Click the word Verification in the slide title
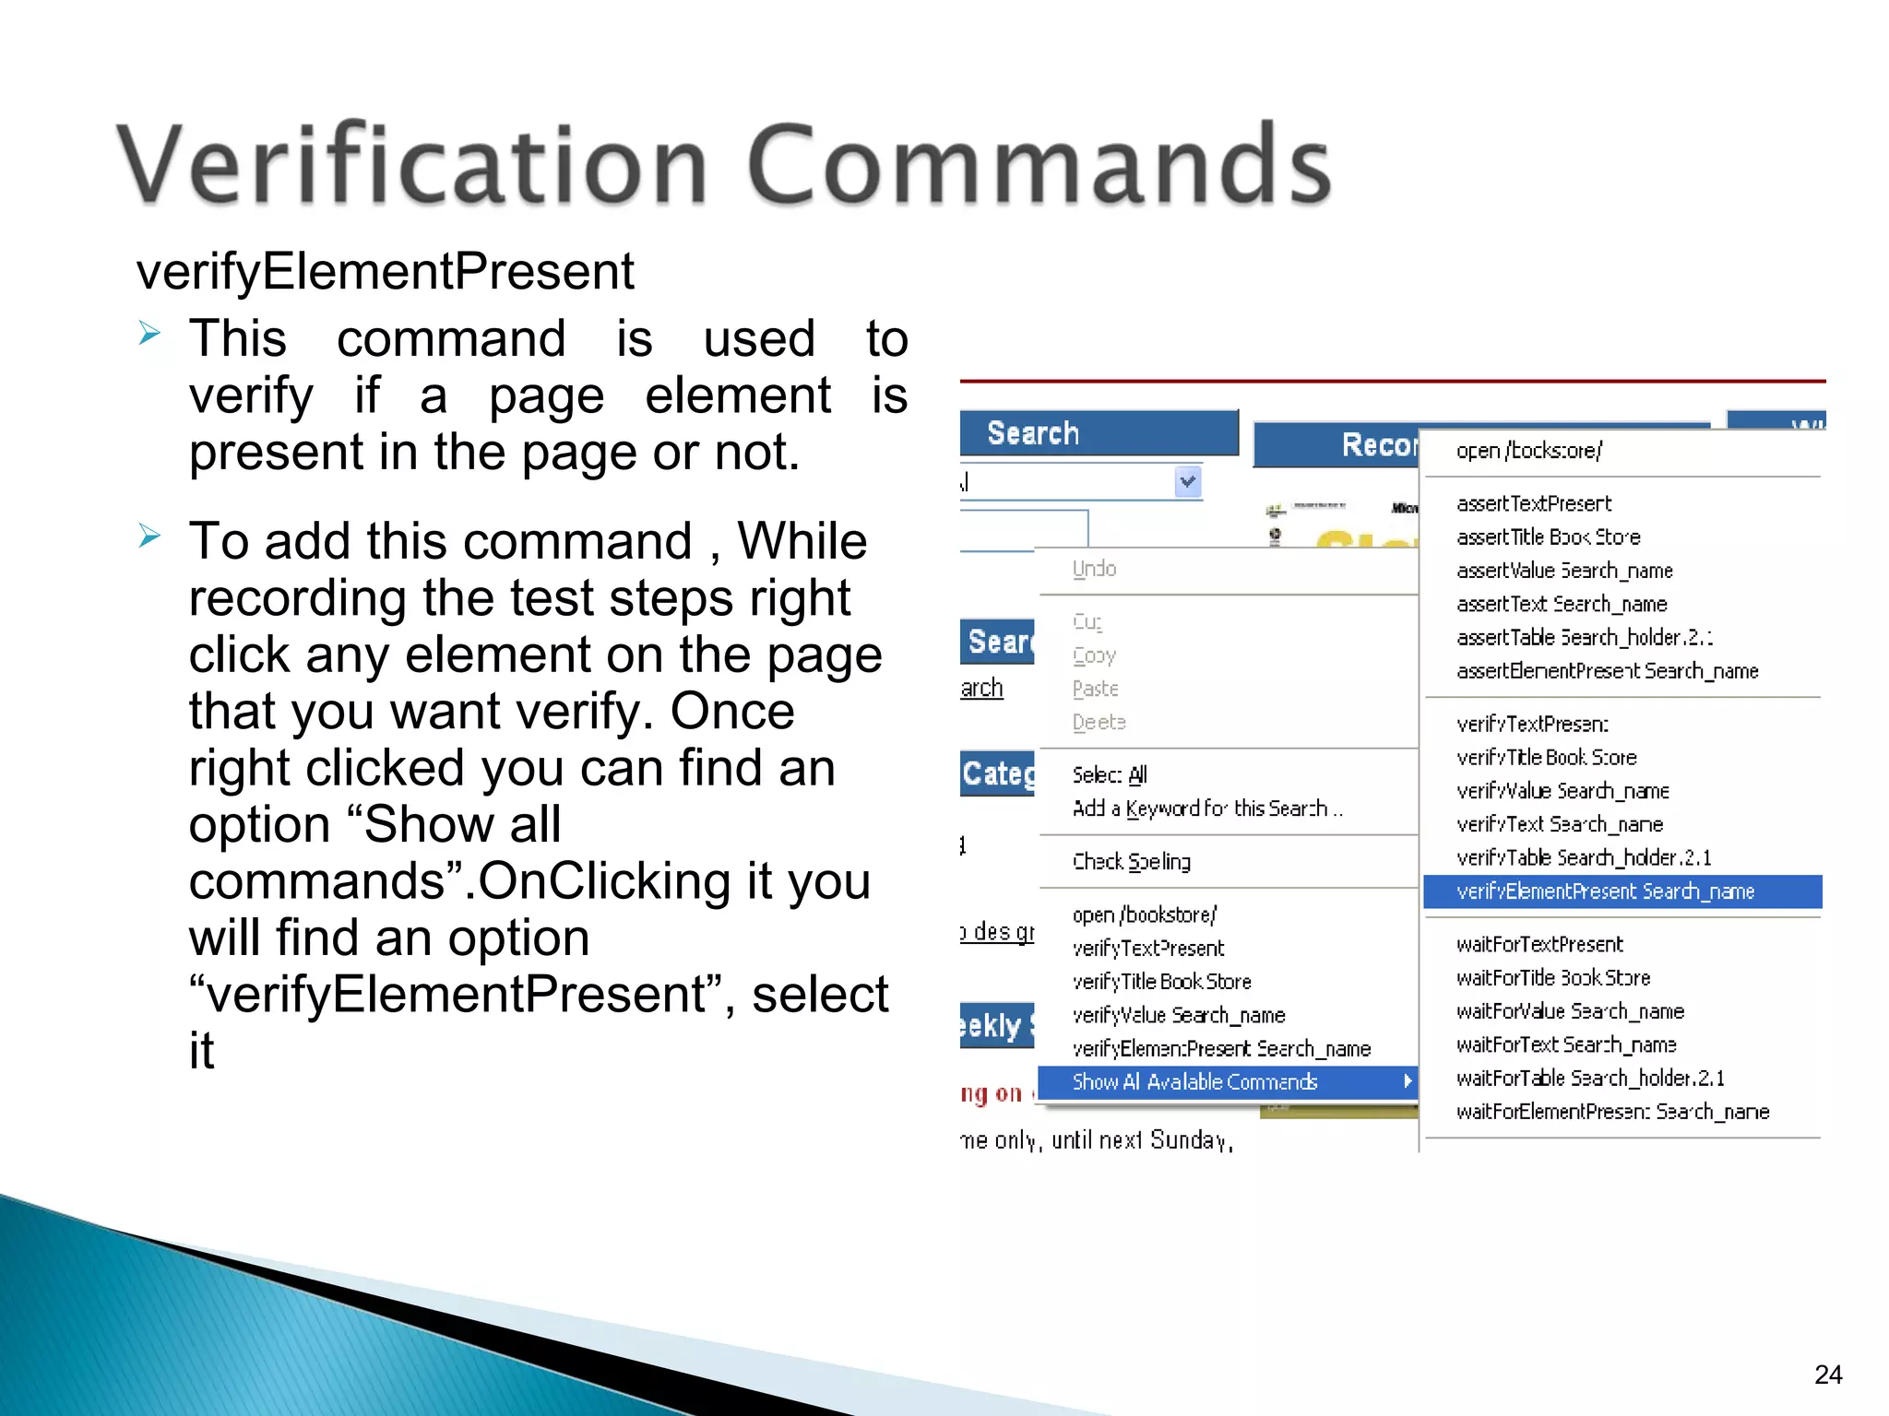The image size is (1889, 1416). pos(411,166)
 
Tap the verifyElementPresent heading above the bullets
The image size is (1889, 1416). pos(385,271)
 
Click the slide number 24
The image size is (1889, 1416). pos(1828,1375)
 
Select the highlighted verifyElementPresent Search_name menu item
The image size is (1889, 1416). pos(1605,891)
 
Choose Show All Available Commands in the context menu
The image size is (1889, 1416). pos(1194,1082)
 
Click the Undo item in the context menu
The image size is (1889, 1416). pos(1095,569)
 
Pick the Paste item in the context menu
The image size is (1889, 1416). pos(1096,689)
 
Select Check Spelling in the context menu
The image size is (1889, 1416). pos(1132,861)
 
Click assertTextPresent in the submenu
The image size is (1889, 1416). pos(1534,503)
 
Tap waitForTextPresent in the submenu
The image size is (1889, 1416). pos(1539,944)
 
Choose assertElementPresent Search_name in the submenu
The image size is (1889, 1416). pos(1607,671)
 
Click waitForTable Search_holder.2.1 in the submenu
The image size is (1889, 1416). pos(1590,1078)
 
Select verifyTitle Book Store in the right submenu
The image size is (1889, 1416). pos(1547,758)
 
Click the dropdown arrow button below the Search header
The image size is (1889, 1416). pos(1188,481)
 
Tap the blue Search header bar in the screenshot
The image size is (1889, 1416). pos(1098,432)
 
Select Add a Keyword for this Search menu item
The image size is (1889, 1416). pos(1207,808)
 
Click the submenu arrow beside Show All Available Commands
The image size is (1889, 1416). pos(1408,1081)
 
